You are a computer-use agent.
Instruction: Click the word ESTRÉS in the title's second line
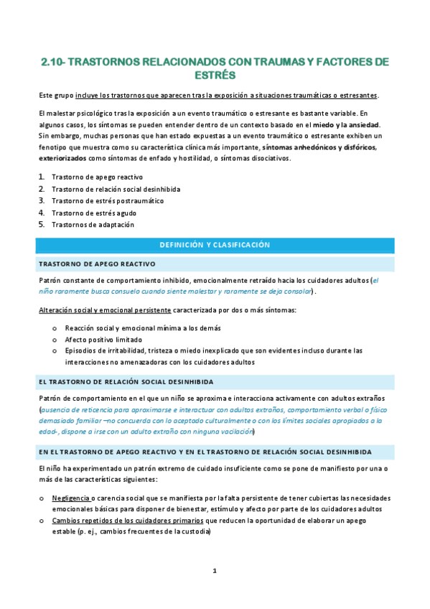[x=215, y=75]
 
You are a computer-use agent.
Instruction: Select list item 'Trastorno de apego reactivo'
[x=97, y=177]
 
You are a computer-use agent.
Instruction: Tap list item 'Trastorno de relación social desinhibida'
[x=116, y=189]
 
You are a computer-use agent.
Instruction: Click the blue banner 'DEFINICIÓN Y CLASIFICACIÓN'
[x=215, y=246]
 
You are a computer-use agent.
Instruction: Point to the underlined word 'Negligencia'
[x=71, y=498]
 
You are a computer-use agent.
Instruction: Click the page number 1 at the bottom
[x=215, y=571]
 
